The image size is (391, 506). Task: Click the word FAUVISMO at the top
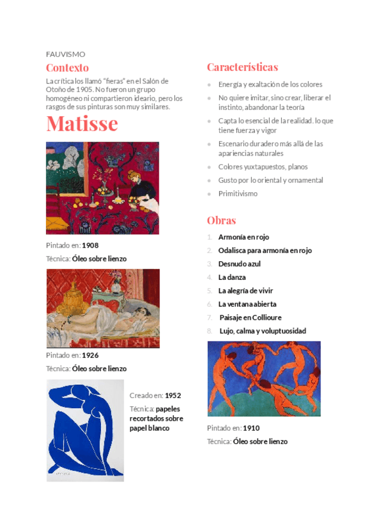pyautogui.click(x=65, y=54)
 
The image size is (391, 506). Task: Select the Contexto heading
pyautogui.click(x=67, y=68)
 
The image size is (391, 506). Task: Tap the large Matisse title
pyautogui.click(x=82, y=124)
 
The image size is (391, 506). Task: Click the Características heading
pyautogui.click(x=242, y=67)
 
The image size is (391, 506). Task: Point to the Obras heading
pyautogui.click(x=221, y=220)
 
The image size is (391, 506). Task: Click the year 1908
pyautogui.click(x=90, y=245)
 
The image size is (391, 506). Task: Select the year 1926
pyautogui.click(x=90, y=355)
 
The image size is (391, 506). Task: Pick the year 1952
pyautogui.click(x=173, y=396)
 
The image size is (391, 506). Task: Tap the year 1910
pyautogui.click(x=251, y=428)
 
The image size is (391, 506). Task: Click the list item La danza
pyautogui.click(x=232, y=277)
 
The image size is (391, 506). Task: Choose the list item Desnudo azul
pyautogui.click(x=239, y=264)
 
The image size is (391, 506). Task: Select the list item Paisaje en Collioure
pyautogui.click(x=250, y=317)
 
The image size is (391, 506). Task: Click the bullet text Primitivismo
pyautogui.click(x=238, y=193)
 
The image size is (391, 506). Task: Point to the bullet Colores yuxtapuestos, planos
pyautogui.click(x=263, y=167)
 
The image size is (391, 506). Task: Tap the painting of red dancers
pyautogui.click(x=263, y=378)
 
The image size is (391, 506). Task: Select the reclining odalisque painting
pyautogui.click(x=103, y=308)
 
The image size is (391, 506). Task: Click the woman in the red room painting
pyautogui.click(x=102, y=188)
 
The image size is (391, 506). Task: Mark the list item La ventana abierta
pyautogui.click(x=247, y=304)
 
